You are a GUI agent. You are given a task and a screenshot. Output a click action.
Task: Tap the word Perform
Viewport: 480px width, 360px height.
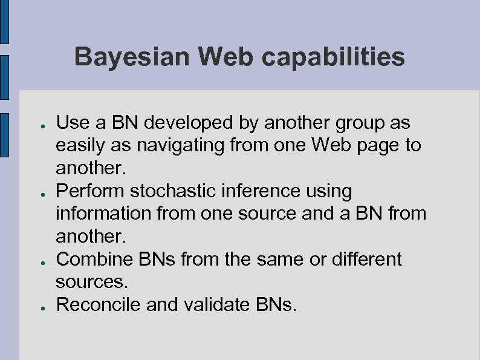(x=87, y=192)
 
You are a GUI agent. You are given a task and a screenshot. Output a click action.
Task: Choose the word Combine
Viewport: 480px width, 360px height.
(x=91, y=260)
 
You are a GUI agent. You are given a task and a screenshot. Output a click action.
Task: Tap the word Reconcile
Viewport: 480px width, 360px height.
(x=99, y=305)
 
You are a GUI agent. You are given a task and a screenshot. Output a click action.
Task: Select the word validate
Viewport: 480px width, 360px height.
(x=216, y=305)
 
